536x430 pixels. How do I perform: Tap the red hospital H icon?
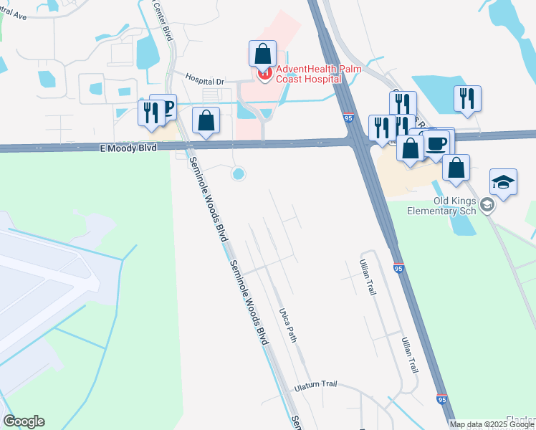pos(264,73)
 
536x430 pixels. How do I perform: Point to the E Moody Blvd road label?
pos(126,148)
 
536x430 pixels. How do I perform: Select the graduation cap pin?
pos(503,182)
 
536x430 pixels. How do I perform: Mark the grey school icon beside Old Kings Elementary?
pos(488,206)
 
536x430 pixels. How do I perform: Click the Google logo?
pos(24,421)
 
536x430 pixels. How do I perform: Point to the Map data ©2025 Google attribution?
pos(492,424)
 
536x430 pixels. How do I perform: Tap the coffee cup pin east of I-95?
pos(436,143)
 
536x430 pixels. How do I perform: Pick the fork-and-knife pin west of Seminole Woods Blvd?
pos(151,113)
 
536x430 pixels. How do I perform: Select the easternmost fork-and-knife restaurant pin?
pos(467,99)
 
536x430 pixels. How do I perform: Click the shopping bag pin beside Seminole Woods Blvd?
pos(206,120)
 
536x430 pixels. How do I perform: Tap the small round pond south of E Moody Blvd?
pos(238,173)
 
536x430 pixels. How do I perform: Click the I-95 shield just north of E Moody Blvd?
pos(348,118)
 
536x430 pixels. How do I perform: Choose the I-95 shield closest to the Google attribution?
pos(441,398)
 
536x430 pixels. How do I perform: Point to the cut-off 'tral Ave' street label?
pos(13,14)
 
